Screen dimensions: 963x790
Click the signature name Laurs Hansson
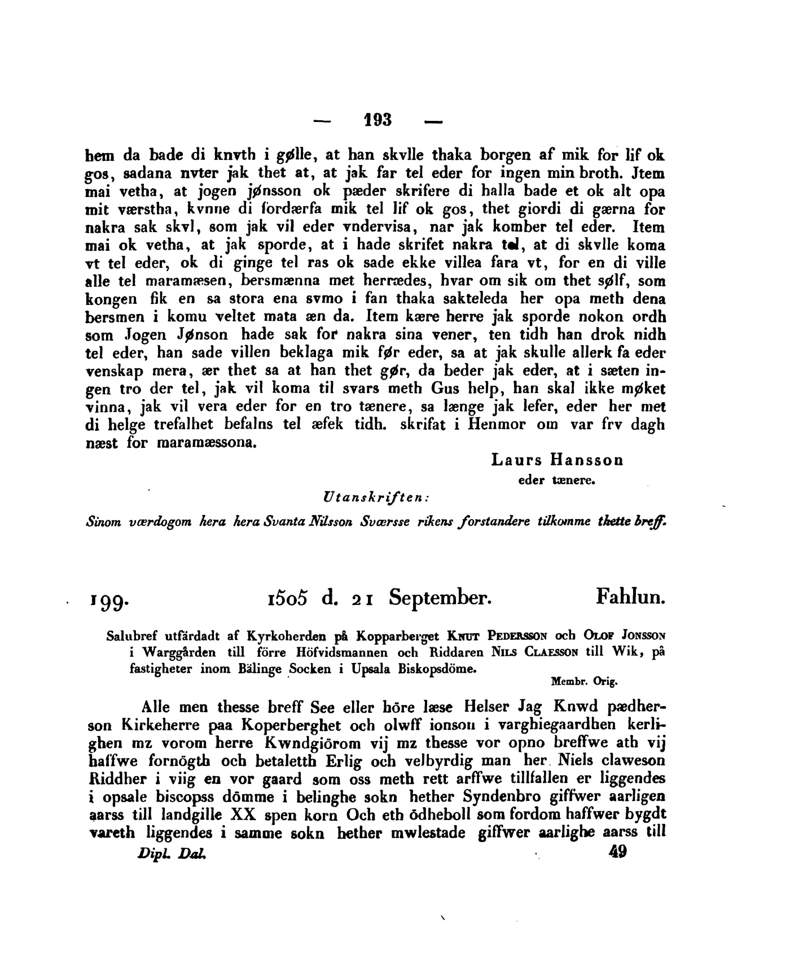pos(557,460)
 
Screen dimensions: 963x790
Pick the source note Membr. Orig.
pos(585,681)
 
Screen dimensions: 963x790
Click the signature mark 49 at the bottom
pos(618,852)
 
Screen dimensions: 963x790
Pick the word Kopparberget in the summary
pos(395,635)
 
